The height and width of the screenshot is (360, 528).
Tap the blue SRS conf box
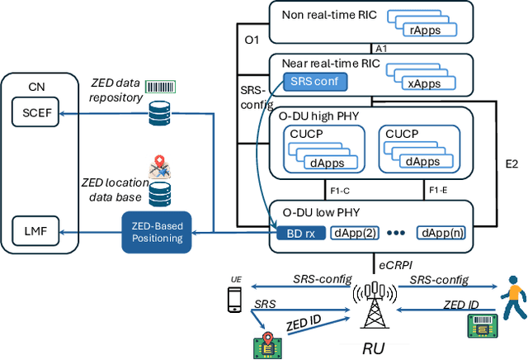coord(317,81)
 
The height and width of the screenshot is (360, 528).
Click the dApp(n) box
coord(445,233)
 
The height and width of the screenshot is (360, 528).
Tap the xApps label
coord(423,84)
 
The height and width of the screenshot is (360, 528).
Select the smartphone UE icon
coord(234,300)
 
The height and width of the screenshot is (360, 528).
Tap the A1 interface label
coord(381,49)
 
